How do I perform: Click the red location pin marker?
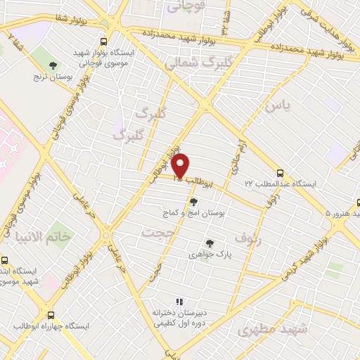[181, 166]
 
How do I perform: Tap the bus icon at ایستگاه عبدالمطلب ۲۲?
[281, 172]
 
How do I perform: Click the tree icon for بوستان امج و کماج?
[193, 201]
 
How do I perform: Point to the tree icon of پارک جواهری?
[209, 244]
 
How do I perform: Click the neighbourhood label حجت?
[157, 232]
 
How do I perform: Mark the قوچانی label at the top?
[182, 6]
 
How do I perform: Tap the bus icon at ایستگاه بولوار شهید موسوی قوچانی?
[104, 41]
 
